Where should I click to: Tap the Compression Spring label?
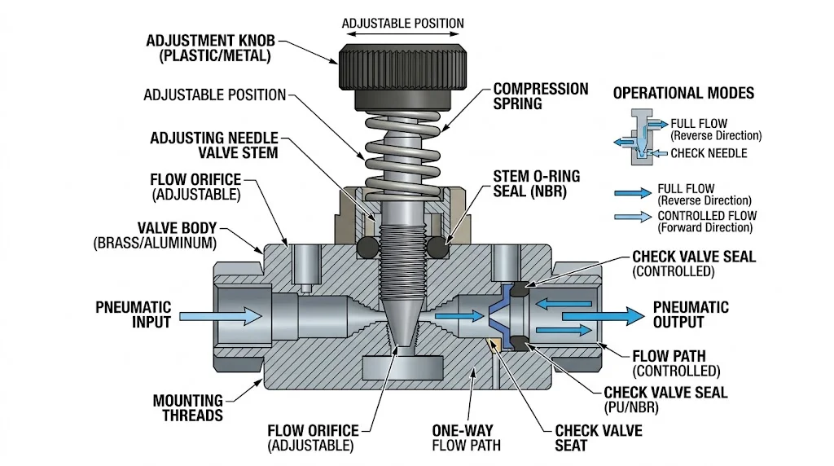[541, 96]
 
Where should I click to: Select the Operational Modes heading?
[683, 93]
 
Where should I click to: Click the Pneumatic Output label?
[691, 315]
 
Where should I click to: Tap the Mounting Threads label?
[188, 407]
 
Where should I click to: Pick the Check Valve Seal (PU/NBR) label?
[665, 399]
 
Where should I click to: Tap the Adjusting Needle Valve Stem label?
[214, 145]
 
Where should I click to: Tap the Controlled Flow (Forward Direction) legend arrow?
[633, 217]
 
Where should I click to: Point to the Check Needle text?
[708, 153]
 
